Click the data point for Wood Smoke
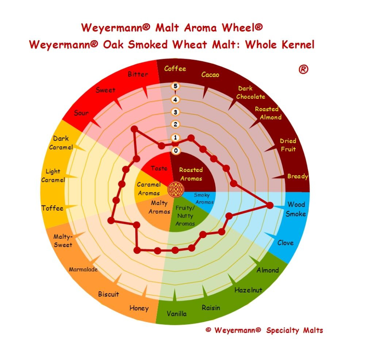[270, 206]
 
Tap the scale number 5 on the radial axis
[175, 86]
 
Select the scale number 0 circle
[176, 150]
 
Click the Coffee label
[175, 69]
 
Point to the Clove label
[285, 243]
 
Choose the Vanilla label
[176, 314]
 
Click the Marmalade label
[83, 269]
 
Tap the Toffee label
[52, 208]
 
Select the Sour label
[81, 113]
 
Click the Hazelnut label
[248, 290]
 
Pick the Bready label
[298, 176]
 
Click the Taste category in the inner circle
[159, 168]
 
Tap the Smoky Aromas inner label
[203, 198]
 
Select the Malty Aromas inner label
[160, 207]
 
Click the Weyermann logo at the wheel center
[176, 189]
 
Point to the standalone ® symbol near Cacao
[303, 69]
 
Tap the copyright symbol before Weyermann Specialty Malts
[208, 330]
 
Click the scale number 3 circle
[175, 112]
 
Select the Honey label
[139, 308]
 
